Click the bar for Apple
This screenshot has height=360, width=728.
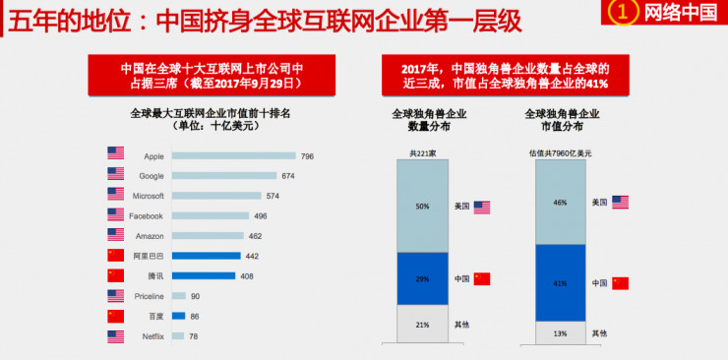(x=233, y=155)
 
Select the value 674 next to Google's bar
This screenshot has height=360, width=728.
(x=287, y=176)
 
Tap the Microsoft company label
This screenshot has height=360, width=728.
(x=148, y=196)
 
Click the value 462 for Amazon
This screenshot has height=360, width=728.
(x=255, y=236)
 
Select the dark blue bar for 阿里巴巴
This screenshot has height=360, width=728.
(x=206, y=256)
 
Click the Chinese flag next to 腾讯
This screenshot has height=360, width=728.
(x=115, y=276)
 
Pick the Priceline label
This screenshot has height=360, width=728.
(x=149, y=296)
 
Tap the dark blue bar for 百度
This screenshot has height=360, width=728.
(x=178, y=316)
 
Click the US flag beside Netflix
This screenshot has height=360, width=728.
(x=115, y=336)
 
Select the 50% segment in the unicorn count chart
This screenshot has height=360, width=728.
(x=422, y=206)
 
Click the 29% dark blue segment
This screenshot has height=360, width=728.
(x=422, y=279)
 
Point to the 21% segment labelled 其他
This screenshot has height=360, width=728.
(x=422, y=324)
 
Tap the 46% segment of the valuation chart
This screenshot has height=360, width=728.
(x=560, y=202)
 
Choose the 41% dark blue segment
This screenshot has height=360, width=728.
(x=560, y=282)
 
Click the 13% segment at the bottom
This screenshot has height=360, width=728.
(x=560, y=332)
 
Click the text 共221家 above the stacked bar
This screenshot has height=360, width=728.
(x=422, y=152)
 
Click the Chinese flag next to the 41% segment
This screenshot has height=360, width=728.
(x=620, y=283)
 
